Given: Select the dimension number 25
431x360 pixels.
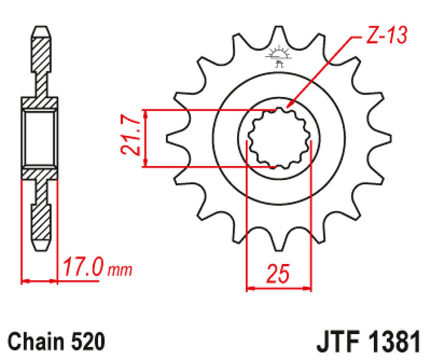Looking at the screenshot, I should tap(278, 275).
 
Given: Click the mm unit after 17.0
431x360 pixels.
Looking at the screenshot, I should tap(119, 271).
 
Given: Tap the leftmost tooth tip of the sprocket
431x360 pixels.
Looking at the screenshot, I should tap(168, 139).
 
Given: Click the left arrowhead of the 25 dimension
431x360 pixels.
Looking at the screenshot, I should tap(249, 289).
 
